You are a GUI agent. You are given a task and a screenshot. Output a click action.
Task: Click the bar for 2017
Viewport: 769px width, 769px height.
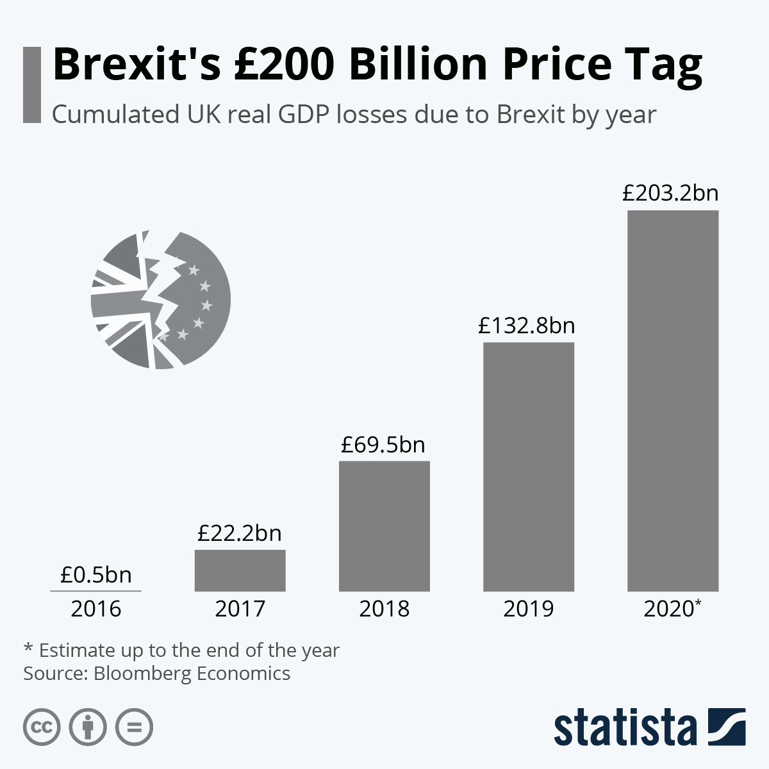point(240,570)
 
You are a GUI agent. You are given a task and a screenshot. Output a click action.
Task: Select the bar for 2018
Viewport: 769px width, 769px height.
point(384,526)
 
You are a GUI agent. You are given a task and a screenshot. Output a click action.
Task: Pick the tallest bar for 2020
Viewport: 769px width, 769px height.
point(672,401)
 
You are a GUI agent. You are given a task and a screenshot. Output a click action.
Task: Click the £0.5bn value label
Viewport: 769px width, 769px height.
point(96,575)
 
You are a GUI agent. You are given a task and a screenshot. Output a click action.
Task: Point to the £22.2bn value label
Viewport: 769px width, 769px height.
point(240,533)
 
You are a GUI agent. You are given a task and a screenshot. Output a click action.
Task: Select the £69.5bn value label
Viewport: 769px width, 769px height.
point(383,445)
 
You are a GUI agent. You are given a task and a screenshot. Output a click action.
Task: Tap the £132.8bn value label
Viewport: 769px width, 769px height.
point(527,326)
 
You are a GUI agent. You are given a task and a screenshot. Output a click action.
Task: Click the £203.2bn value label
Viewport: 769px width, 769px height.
point(671,194)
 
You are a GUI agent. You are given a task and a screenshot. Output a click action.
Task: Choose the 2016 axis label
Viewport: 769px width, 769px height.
point(96,609)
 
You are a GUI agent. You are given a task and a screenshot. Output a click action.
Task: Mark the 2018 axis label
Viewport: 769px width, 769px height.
point(384,609)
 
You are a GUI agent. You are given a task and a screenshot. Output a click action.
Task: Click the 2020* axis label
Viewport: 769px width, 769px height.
point(672,609)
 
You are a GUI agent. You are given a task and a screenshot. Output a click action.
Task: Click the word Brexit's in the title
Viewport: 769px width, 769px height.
point(137,64)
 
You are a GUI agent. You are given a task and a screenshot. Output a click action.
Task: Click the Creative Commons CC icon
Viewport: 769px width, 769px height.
point(42,727)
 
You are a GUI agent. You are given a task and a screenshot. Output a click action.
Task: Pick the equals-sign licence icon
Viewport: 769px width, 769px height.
point(134,727)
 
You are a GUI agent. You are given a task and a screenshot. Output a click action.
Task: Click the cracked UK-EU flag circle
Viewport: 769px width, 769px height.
point(160,299)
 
